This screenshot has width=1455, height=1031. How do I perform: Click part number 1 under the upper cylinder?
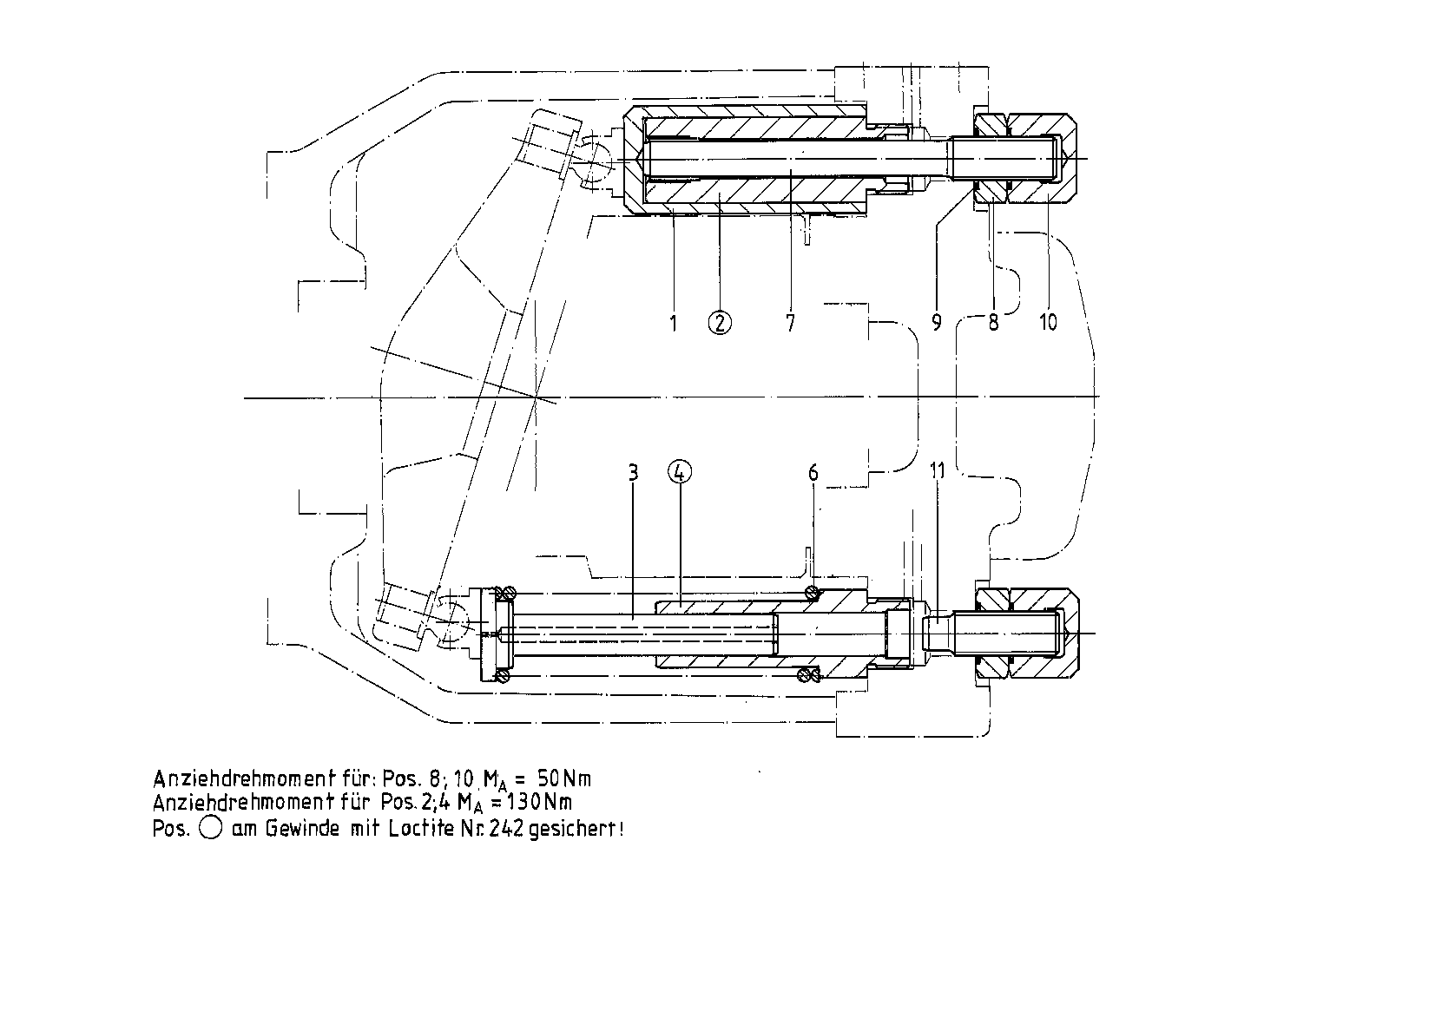pos(673,323)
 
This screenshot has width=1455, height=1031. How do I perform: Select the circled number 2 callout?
pos(720,323)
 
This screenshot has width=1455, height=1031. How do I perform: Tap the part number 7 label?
pos(790,323)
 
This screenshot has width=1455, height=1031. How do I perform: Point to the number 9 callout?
pos(936,323)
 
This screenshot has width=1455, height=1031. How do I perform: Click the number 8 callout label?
pos(993,323)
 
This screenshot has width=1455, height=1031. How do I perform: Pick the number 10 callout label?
pos(1049,323)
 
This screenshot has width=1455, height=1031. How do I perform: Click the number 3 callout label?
pos(634,473)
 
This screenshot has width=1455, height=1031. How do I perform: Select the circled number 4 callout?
pos(680,473)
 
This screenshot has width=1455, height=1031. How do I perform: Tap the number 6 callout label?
pos(813,473)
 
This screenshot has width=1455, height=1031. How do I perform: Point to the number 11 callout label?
pos(938,470)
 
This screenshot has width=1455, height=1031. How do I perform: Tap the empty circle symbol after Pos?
pos(210,829)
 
